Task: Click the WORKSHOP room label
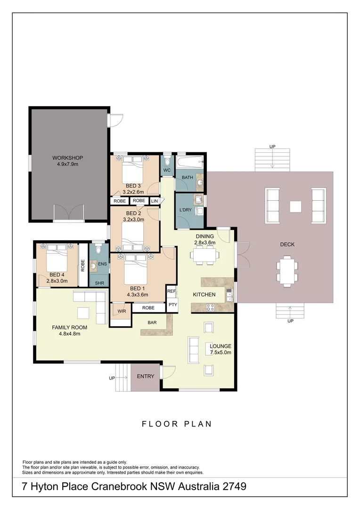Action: coord(67,157)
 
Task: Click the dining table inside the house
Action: coord(205,255)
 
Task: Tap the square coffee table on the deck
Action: coord(295,206)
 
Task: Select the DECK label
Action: coord(287,244)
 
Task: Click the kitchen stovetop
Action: coord(211,307)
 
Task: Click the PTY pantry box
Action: coord(172,305)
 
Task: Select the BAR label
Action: coord(152,323)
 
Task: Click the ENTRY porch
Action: coord(145,377)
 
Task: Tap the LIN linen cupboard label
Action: coord(154,201)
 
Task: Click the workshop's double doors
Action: coord(69,213)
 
